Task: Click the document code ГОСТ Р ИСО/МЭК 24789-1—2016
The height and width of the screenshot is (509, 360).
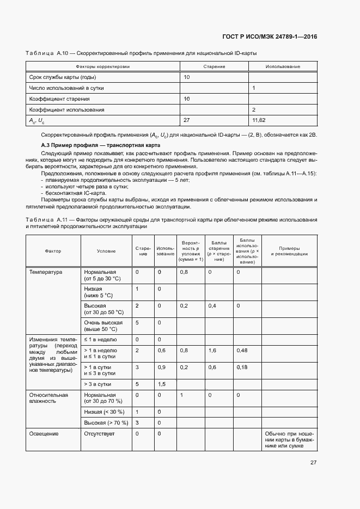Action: pos(270,37)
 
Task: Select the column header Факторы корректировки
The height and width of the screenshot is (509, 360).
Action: pos(102,66)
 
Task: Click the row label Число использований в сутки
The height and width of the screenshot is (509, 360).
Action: pos(66,88)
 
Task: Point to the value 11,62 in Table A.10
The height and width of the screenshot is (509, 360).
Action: pos(259,120)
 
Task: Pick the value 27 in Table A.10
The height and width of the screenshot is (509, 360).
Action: pos(187,120)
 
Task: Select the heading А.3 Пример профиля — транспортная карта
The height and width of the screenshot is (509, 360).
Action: pos(101,146)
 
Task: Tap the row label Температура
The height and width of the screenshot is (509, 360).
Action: pos(46,272)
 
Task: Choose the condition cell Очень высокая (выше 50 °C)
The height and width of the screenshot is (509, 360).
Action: pos(101,326)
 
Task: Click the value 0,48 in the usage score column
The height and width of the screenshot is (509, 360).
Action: pos(242,350)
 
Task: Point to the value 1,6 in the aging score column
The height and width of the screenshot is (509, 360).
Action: pos(212,350)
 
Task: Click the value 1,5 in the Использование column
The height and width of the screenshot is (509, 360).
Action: pos(161,384)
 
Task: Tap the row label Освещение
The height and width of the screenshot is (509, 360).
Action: pos(44,433)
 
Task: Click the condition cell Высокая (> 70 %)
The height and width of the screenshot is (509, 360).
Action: pos(106,422)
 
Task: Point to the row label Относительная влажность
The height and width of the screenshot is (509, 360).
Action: pos(48,398)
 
